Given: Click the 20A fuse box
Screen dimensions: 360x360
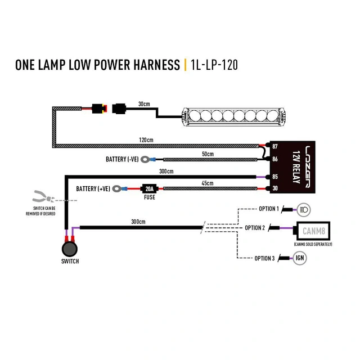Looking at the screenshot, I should (x=148, y=189).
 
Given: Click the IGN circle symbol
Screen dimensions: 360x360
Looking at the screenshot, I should (x=301, y=258).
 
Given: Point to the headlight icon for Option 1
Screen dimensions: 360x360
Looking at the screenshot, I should (x=303, y=209).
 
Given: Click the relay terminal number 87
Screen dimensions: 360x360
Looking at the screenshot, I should (x=275, y=146).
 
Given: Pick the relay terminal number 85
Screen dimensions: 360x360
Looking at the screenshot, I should (x=275, y=177).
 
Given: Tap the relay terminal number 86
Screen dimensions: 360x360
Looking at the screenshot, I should (x=275, y=160).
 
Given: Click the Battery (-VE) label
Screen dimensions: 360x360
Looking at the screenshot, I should (x=121, y=160).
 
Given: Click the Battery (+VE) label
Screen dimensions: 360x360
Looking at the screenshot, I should (x=93, y=189).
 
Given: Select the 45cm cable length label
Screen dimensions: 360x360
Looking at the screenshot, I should (x=208, y=182).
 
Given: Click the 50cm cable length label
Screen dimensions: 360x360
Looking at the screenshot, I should (x=208, y=154).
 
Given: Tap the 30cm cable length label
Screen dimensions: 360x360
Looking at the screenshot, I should (x=144, y=104).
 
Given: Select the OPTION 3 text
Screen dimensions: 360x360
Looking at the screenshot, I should (x=264, y=258).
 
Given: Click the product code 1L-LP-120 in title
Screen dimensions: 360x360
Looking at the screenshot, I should (x=214, y=65).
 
